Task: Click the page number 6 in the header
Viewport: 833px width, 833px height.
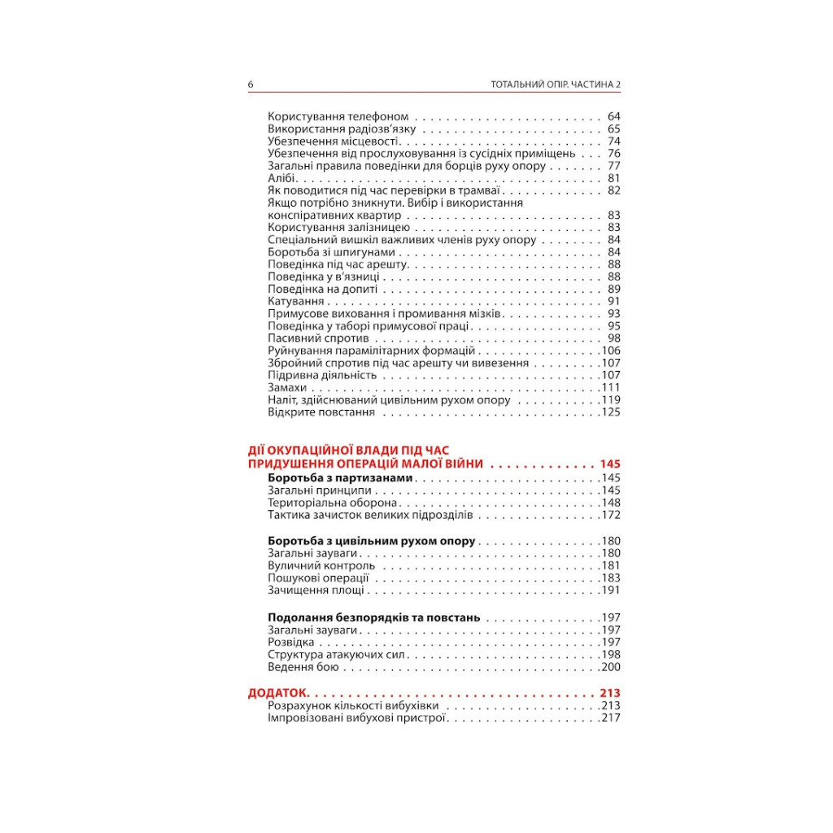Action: coord(251,85)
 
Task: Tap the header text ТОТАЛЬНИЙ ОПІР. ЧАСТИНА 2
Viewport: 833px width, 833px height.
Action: coord(556,85)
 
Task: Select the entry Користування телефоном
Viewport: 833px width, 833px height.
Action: coord(338,116)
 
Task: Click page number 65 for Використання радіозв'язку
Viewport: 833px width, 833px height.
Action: coord(613,129)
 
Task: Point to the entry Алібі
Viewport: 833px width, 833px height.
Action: coord(282,178)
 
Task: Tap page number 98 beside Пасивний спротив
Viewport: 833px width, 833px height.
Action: coord(613,338)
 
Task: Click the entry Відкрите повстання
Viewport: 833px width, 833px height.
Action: coord(321,412)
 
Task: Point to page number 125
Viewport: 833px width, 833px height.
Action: coord(610,412)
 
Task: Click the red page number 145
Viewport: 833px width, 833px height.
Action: coord(610,464)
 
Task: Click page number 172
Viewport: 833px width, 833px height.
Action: coord(610,515)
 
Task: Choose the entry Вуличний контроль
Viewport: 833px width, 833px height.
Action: coord(321,565)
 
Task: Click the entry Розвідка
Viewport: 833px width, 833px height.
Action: coord(290,642)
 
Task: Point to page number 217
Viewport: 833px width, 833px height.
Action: coord(610,718)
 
